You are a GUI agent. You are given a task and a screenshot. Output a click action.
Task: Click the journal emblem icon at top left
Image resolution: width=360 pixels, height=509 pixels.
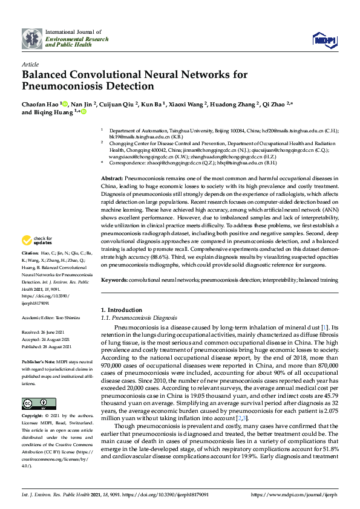[x=31, y=39]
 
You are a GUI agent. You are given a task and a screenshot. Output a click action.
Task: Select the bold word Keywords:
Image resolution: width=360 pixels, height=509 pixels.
[x=114, y=280]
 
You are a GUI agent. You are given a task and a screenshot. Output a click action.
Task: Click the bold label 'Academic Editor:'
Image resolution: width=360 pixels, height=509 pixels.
[x=39, y=316]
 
